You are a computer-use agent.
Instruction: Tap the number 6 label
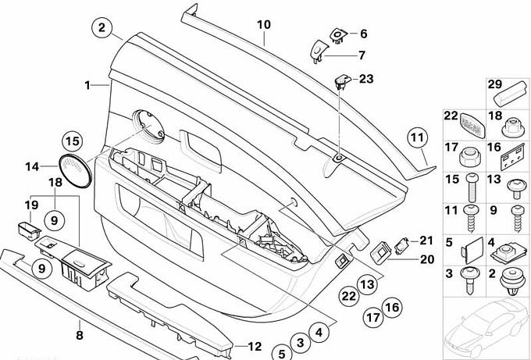coord(363,34)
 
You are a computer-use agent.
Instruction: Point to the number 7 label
coord(362,55)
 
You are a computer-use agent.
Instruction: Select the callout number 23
coord(366,78)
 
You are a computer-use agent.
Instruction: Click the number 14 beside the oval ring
coord(31,166)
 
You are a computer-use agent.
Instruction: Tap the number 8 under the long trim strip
coord(79,336)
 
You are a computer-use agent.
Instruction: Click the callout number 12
coord(255,347)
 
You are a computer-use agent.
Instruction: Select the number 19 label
coord(30,205)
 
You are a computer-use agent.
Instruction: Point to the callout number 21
coord(426,240)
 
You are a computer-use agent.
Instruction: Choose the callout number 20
coord(426,259)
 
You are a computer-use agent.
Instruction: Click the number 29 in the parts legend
coord(494,84)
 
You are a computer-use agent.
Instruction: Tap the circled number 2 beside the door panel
coord(102,28)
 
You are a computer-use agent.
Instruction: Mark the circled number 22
coord(347,296)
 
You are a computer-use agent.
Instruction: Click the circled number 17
coord(373,317)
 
